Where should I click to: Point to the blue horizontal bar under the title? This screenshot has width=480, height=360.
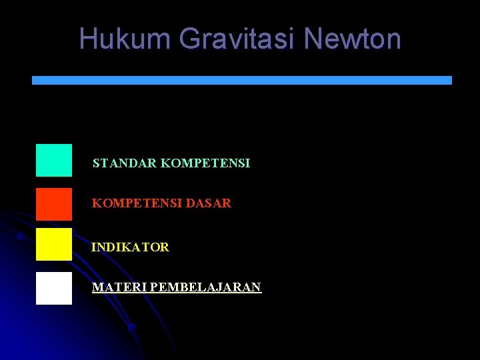(x=242, y=80)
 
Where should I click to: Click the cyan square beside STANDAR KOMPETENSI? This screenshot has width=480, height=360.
(x=54, y=160)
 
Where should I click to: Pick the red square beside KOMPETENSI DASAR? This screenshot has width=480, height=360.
(x=54, y=204)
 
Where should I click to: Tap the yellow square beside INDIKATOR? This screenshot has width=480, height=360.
(x=54, y=244)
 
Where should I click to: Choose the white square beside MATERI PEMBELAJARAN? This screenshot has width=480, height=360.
(x=54, y=288)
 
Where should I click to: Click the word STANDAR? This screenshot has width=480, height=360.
(x=125, y=163)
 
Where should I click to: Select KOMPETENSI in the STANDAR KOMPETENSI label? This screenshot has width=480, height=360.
(x=205, y=163)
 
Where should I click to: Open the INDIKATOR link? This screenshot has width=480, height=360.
(x=130, y=247)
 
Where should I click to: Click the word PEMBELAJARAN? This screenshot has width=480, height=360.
(x=206, y=287)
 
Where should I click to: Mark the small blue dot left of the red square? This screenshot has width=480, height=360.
(x=21, y=236)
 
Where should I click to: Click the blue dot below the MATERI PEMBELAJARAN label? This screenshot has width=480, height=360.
(x=132, y=327)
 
